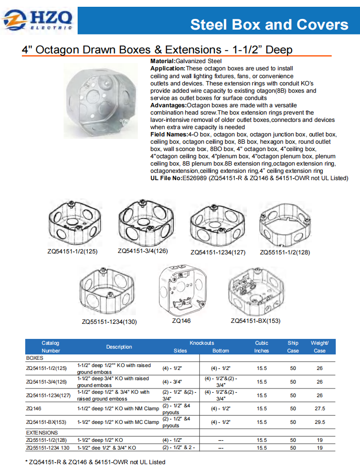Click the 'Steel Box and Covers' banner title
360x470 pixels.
click(x=269, y=25)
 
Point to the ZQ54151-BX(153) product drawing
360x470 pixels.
click(x=255, y=291)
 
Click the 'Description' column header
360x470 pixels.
click(x=119, y=347)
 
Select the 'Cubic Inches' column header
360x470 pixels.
click(x=262, y=347)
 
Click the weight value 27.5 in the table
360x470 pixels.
click(x=320, y=409)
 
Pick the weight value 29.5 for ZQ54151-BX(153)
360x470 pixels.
click(x=320, y=422)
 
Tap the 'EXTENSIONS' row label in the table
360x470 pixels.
click(x=42, y=433)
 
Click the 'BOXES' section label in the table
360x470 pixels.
click(x=35, y=358)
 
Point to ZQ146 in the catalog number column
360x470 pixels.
click(x=34, y=409)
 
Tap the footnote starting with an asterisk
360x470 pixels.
click(x=95, y=462)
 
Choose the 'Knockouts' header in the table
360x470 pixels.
click(x=202, y=343)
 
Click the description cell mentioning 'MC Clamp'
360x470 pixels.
click(x=118, y=422)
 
